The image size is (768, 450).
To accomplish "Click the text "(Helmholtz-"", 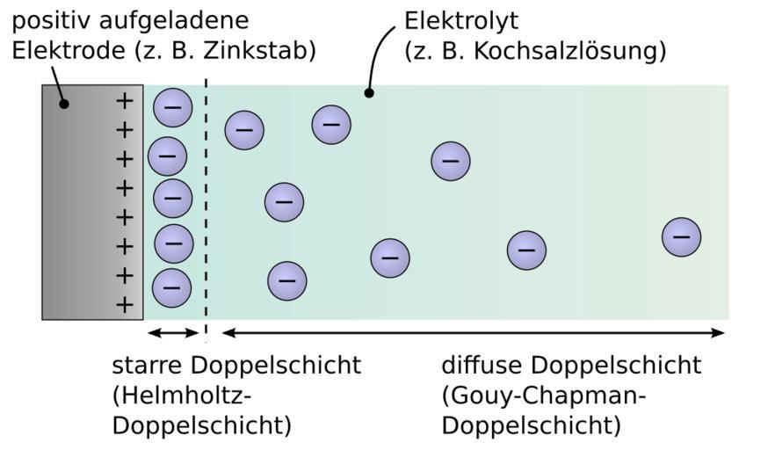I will pyautogui.click(x=176, y=396).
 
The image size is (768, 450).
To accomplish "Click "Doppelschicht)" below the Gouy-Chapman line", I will pyautogui.click(x=531, y=425).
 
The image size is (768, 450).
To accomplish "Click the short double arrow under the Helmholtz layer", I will pyautogui.click(x=174, y=332).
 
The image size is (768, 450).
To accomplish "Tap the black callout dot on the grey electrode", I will pyautogui.click(x=63, y=104).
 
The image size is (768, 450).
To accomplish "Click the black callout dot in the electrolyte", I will pyautogui.click(x=369, y=92).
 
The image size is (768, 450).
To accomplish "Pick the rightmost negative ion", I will pyautogui.click(x=681, y=236).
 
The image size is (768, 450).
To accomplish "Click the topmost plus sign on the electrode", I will pyautogui.click(x=125, y=100).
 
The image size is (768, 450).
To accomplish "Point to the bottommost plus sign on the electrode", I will pyautogui.click(x=125, y=305).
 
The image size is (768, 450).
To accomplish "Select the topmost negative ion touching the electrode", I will pyautogui.click(x=172, y=107).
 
